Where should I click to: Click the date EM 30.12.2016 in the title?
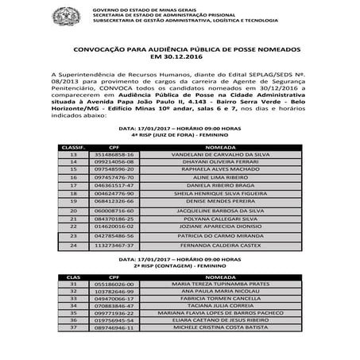click(x=180, y=56)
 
